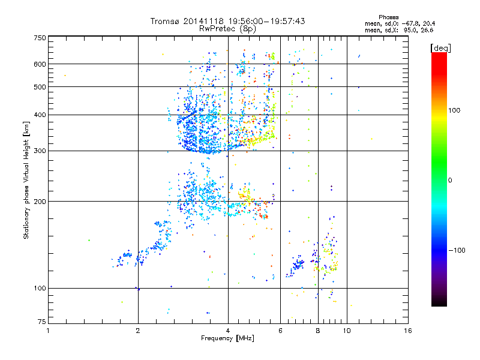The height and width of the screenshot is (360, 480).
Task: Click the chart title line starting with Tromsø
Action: [228, 21]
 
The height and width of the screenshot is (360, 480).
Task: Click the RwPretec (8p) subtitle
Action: [228, 28]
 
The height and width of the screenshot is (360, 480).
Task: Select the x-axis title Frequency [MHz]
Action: [228, 339]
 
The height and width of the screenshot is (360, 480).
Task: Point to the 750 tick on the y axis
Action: [40, 37]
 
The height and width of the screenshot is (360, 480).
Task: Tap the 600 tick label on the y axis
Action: [40, 64]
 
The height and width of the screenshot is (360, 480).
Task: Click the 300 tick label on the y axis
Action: [40, 151]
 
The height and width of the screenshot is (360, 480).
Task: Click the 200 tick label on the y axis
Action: [40, 201]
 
